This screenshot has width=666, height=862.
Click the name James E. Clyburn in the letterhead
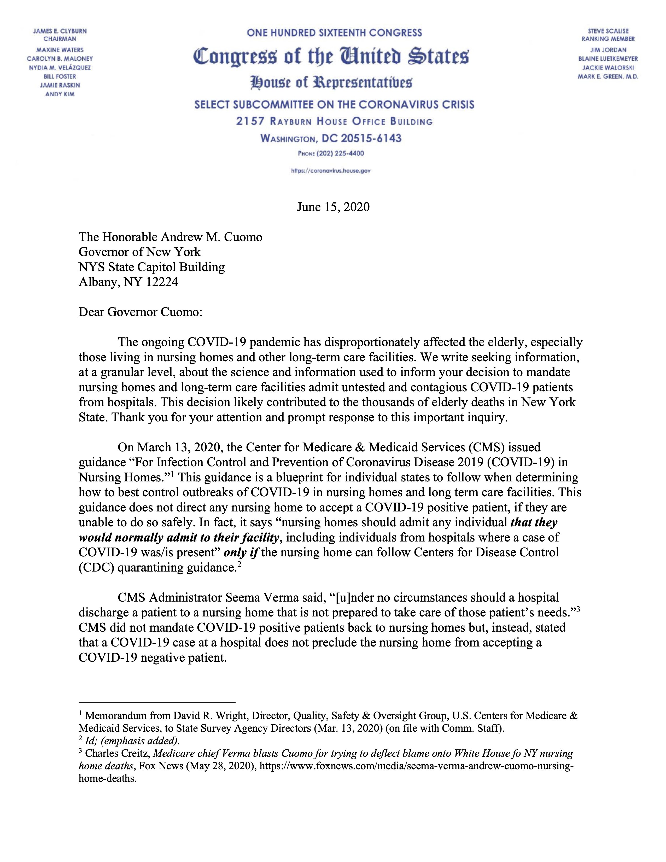coord(60,31)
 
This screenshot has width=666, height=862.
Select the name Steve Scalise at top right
coord(608,31)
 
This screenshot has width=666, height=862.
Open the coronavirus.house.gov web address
coord(331,171)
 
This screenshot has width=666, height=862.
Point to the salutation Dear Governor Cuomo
coord(141,312)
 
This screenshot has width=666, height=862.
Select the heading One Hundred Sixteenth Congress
coord(334,33)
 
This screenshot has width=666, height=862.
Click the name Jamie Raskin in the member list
coord(60,85)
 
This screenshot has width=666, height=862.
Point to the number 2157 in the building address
coord(250,121)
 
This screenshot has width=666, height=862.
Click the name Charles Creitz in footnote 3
coord(117,753)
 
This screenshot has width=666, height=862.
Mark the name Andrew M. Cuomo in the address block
coord(211,237)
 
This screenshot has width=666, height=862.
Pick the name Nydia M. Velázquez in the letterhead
coord(60,67)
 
